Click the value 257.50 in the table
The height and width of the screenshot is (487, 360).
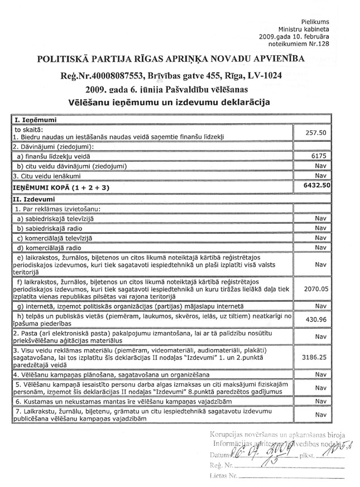315,133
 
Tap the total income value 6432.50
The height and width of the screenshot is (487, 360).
315,187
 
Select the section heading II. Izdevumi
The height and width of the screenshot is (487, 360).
32,198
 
